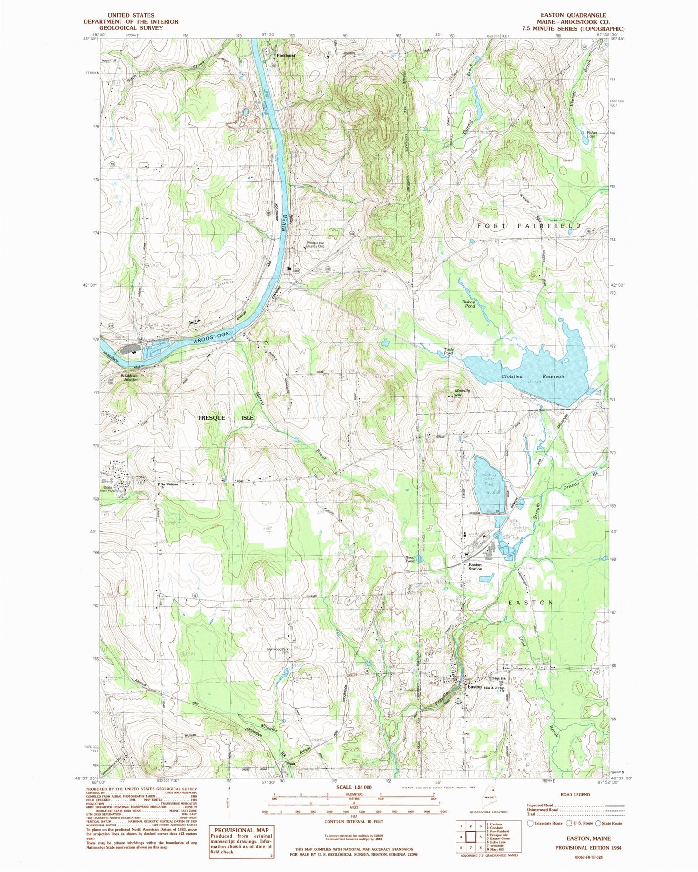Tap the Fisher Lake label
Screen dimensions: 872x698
pyautogui.click(x=591, y=134)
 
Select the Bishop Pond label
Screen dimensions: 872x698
pyautogui.click(x=469, y=304)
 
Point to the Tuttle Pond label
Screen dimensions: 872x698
pyautogui.click(x=448, y=351)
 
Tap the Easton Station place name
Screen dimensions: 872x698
pyautogui.click(x=475, y=567)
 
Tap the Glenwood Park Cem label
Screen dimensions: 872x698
pyautogui.click(x=278, y=651)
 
